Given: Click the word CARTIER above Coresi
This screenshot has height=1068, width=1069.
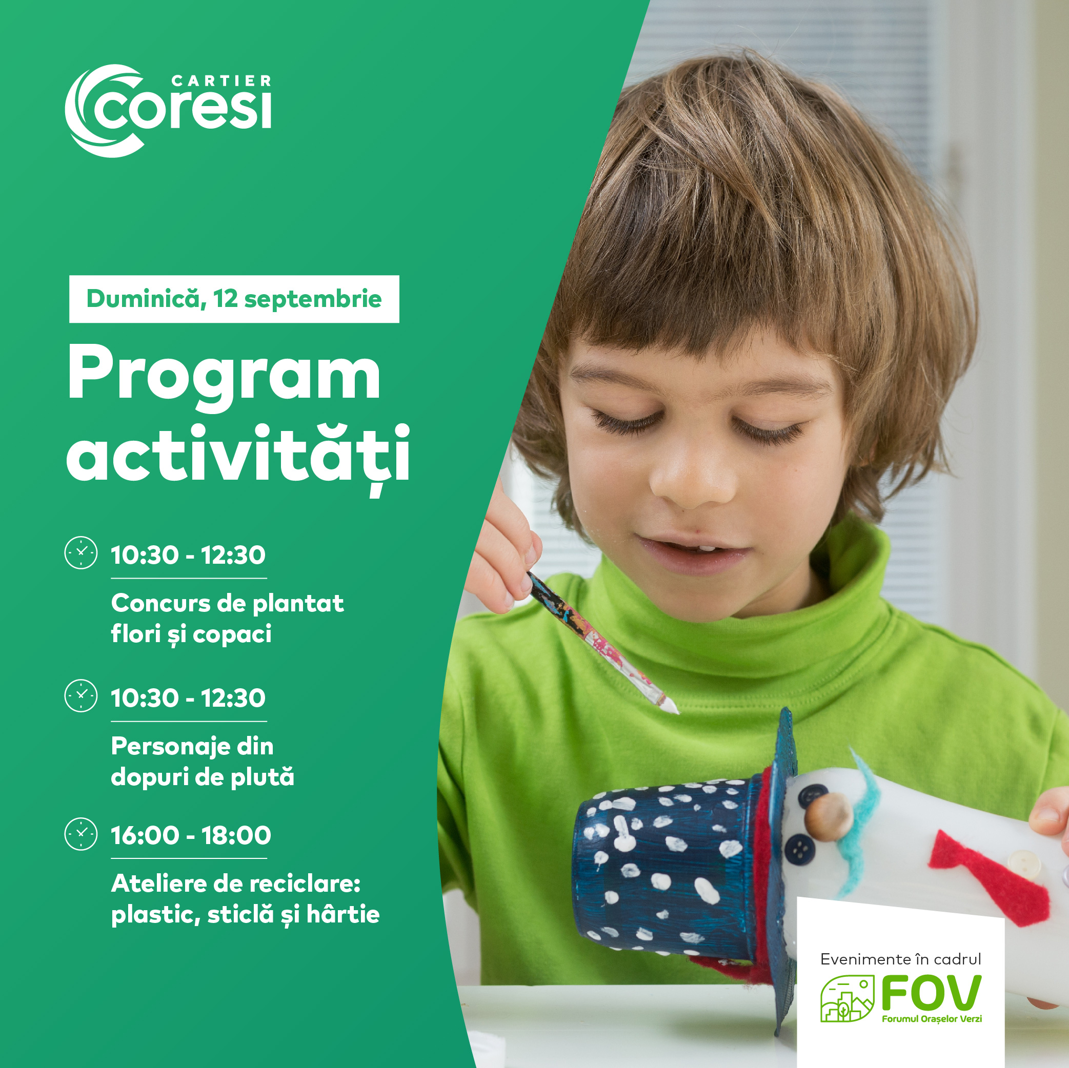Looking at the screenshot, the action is [x=221, y=81].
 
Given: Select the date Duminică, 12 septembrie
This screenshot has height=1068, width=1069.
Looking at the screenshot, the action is [x=234, y=299].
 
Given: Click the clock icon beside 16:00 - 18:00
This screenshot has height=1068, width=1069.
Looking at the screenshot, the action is [x=82, y=834].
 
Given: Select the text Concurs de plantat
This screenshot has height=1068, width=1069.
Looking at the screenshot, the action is [x=228, y=603].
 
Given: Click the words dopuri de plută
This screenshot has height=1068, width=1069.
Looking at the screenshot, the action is [x=203, y=777].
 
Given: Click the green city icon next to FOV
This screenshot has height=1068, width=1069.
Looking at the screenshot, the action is [x=847, y=998].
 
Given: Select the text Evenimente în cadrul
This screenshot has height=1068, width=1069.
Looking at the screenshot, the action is [x=901, y=959].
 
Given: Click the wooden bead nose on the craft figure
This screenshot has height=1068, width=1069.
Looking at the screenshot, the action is [x=828, y=817].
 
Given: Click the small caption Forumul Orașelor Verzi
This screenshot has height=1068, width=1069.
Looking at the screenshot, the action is [x=932, y=1019].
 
